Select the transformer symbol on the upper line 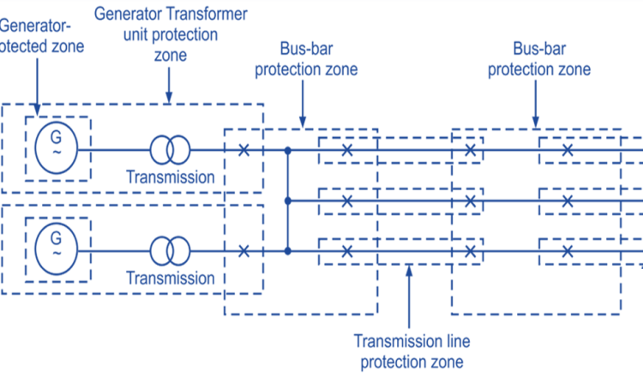[171, 150]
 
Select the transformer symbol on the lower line [171, 251]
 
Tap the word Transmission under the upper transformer [171, 177]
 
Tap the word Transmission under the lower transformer [171, 278]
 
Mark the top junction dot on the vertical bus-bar [288, 150]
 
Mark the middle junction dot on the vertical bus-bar [288, 200]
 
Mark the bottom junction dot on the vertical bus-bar [288, 251]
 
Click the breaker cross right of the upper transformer [244, 150]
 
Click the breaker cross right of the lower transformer [244, 251]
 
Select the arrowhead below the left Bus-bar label [299, 123]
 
